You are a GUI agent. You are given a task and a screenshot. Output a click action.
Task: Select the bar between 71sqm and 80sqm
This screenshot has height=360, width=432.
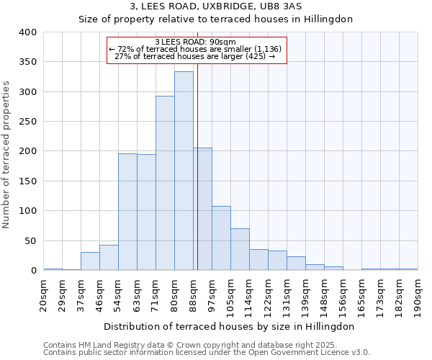pyautogui.click(x=165, y=184)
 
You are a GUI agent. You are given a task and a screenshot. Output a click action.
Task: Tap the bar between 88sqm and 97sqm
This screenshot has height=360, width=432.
pyautogui.click(x=202, y=209)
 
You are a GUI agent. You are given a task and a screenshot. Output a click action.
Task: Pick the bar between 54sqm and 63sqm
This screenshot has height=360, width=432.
pyautogui.click(x=127, y=212)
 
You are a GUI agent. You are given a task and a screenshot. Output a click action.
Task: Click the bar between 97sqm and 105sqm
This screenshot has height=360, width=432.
pyautogui.click(x=221, y=238)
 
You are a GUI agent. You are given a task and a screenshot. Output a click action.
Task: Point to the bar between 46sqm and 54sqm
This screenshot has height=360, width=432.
pyautogui.click(x=109, y=258)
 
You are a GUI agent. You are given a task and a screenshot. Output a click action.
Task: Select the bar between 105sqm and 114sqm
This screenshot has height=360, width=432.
pyautogui.click(x=240, y=249)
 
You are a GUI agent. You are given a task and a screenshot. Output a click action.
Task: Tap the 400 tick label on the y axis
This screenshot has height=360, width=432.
pyautogui.click(x=27, y=32)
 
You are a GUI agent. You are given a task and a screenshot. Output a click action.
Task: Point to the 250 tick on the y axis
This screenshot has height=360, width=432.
pyautogui.click(x=27, y=122)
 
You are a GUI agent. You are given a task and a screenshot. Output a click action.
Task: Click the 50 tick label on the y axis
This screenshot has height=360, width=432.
pyautogui.click(x=30, y=240)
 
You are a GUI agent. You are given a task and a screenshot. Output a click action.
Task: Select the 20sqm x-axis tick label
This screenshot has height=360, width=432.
pyautogui.click(x=44, y=294)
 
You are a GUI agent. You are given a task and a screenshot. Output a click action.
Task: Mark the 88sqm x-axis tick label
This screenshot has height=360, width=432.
pyautogui.click(x=194, y=294)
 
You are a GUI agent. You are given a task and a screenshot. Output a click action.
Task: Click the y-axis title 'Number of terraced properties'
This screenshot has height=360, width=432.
pyautogui.click(x=6, y=155)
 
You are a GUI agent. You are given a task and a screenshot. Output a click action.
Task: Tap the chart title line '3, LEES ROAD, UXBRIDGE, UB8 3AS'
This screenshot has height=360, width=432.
pyautogui.click(x=216, y=6)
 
